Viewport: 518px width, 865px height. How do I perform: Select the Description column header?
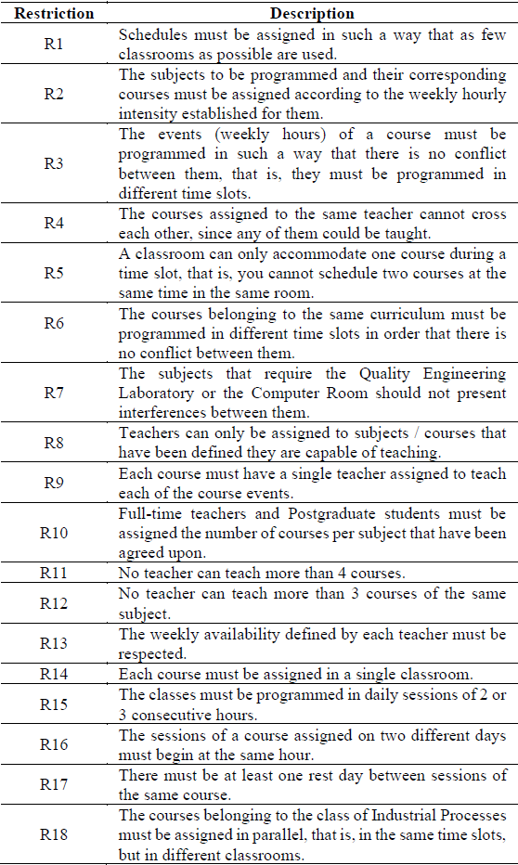pos(312,14)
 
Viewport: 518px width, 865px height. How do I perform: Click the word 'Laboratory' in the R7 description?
pos(154,393)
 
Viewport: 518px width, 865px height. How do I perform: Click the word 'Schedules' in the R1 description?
pos(151,34)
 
